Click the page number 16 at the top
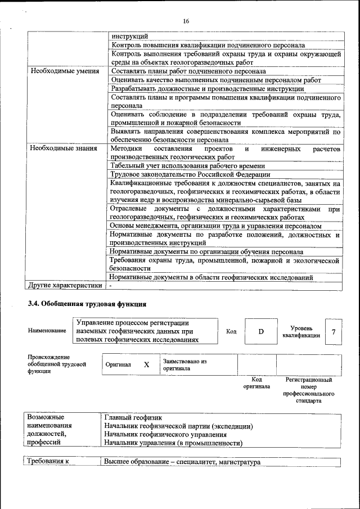[186, 21]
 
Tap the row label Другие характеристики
[65, 286]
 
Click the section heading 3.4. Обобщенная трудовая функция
[87, 304]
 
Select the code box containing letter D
[261, 331]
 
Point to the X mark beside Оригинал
[146, 364]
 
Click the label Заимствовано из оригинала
[185, 364]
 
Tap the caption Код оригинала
[256, 383]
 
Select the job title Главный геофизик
[133, 418]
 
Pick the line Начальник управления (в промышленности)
[173, 443]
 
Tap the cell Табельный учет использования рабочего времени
[187, 166]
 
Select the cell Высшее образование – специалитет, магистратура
[183, 462]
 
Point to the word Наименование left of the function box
[47, 331]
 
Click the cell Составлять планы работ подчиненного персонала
[188, 71]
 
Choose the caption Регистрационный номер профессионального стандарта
[309, 390]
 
